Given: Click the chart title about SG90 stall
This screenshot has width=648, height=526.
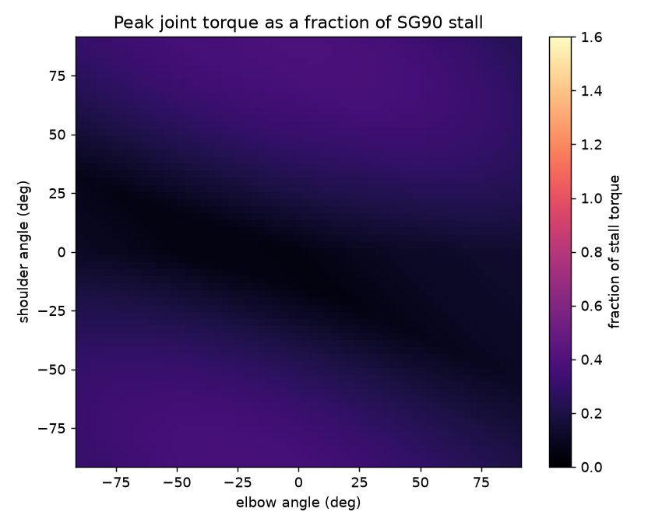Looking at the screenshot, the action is click(298, 23).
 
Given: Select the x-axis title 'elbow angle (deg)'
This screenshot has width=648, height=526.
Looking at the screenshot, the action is click(298, 503).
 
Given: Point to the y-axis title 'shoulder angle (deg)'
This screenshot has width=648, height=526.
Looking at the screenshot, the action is click(23, 252).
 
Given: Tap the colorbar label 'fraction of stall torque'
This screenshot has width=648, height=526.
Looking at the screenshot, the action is click(615, 252).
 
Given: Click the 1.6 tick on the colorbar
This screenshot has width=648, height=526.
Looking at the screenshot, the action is click(591, 37).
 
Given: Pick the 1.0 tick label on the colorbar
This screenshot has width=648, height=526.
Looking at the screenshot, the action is click(591, 198).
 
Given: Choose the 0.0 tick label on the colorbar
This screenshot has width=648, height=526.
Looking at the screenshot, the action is click(591, 467).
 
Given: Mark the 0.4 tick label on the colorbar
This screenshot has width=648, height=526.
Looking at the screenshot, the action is click(591, 359).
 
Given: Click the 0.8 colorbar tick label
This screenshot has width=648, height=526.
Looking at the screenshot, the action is click(591, 252).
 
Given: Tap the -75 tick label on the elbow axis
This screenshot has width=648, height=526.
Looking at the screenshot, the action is click(116, 482).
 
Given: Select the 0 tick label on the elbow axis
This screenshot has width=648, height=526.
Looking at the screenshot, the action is click(298, 482).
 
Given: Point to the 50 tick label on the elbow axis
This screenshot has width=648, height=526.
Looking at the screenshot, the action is click(421, 482).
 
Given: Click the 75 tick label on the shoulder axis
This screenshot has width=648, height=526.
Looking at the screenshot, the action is click(56, 76).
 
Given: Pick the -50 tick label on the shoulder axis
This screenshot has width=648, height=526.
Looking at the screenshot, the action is click(51, 370).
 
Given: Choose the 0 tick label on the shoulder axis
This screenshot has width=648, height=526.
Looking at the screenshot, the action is click(62, 252).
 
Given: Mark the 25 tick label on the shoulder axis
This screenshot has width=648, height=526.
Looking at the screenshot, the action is click(56, 193).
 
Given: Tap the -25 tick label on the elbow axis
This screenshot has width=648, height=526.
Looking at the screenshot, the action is click(238, 482).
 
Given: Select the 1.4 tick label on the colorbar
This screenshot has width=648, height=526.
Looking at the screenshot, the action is click(591, 91).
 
